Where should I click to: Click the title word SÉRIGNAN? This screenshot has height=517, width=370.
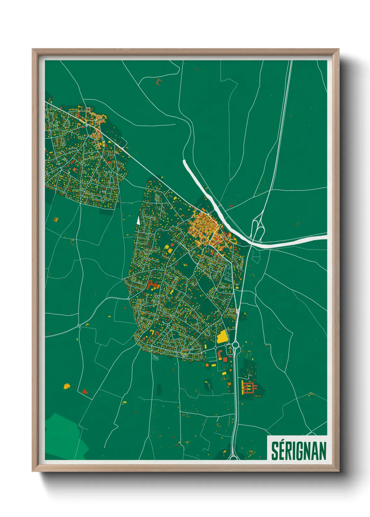(299, 451)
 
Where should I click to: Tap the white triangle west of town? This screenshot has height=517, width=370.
(138, 220)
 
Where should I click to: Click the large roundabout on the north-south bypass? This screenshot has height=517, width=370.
(235, 345)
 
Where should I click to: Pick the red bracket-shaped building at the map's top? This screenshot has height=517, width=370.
(159, 82)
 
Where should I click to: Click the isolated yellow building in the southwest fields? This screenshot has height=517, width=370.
(66, 386)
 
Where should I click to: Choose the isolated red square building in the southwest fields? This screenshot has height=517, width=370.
(84, 391)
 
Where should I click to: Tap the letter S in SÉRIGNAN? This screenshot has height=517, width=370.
(275, 451)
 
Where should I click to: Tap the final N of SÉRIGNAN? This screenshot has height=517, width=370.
(322, 451)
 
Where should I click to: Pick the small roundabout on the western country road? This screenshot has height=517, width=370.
(79, 326)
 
